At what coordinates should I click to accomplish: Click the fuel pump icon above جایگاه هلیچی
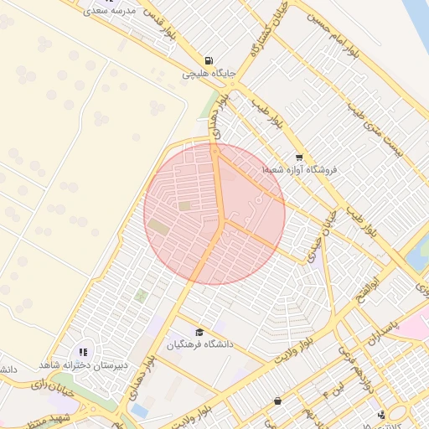point(209,59)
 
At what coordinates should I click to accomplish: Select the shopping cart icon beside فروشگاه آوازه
point(299,158)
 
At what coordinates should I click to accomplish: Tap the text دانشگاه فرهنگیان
point(199,344)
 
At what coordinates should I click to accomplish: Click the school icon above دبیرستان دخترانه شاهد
point(83,352)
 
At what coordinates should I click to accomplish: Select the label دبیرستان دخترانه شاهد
point(81,364)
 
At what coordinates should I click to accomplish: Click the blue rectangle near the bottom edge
point(139,411)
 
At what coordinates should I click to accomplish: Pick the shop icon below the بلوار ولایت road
point(277,401)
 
